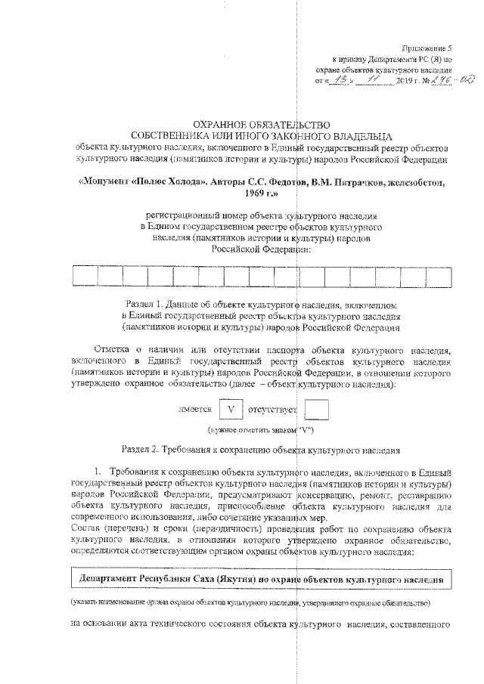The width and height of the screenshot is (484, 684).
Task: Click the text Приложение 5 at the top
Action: tap(427, 47)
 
